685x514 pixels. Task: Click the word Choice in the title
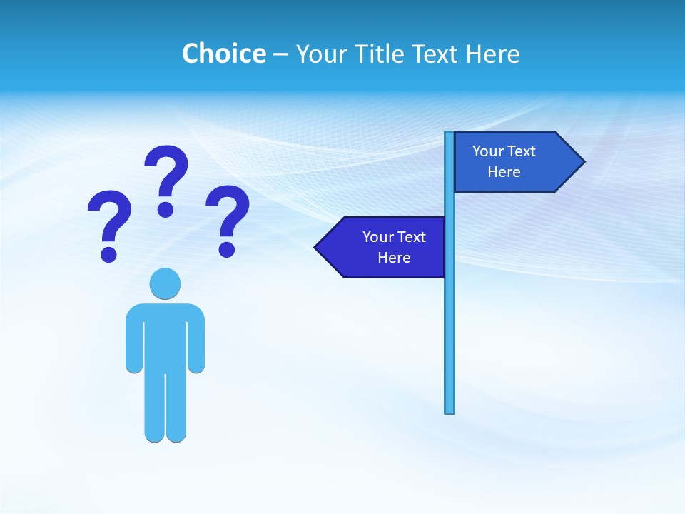pos(223,54)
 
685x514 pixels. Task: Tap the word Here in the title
pos(493,54)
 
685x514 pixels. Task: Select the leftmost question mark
pos(109,218)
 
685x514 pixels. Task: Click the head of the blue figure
pos(165,283)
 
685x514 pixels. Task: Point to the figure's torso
pos(165,336)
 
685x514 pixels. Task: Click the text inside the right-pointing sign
pos(504,161)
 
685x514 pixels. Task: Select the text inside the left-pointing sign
pos(394,247)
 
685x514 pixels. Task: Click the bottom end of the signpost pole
pos(450,410)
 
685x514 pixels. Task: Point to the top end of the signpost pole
pos(450,134)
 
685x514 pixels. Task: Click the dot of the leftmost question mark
pos(108,253)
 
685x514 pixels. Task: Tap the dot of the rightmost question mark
pos(227,249)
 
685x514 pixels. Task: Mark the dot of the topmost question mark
pos(166,209)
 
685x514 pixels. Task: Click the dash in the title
pos(280,54)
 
